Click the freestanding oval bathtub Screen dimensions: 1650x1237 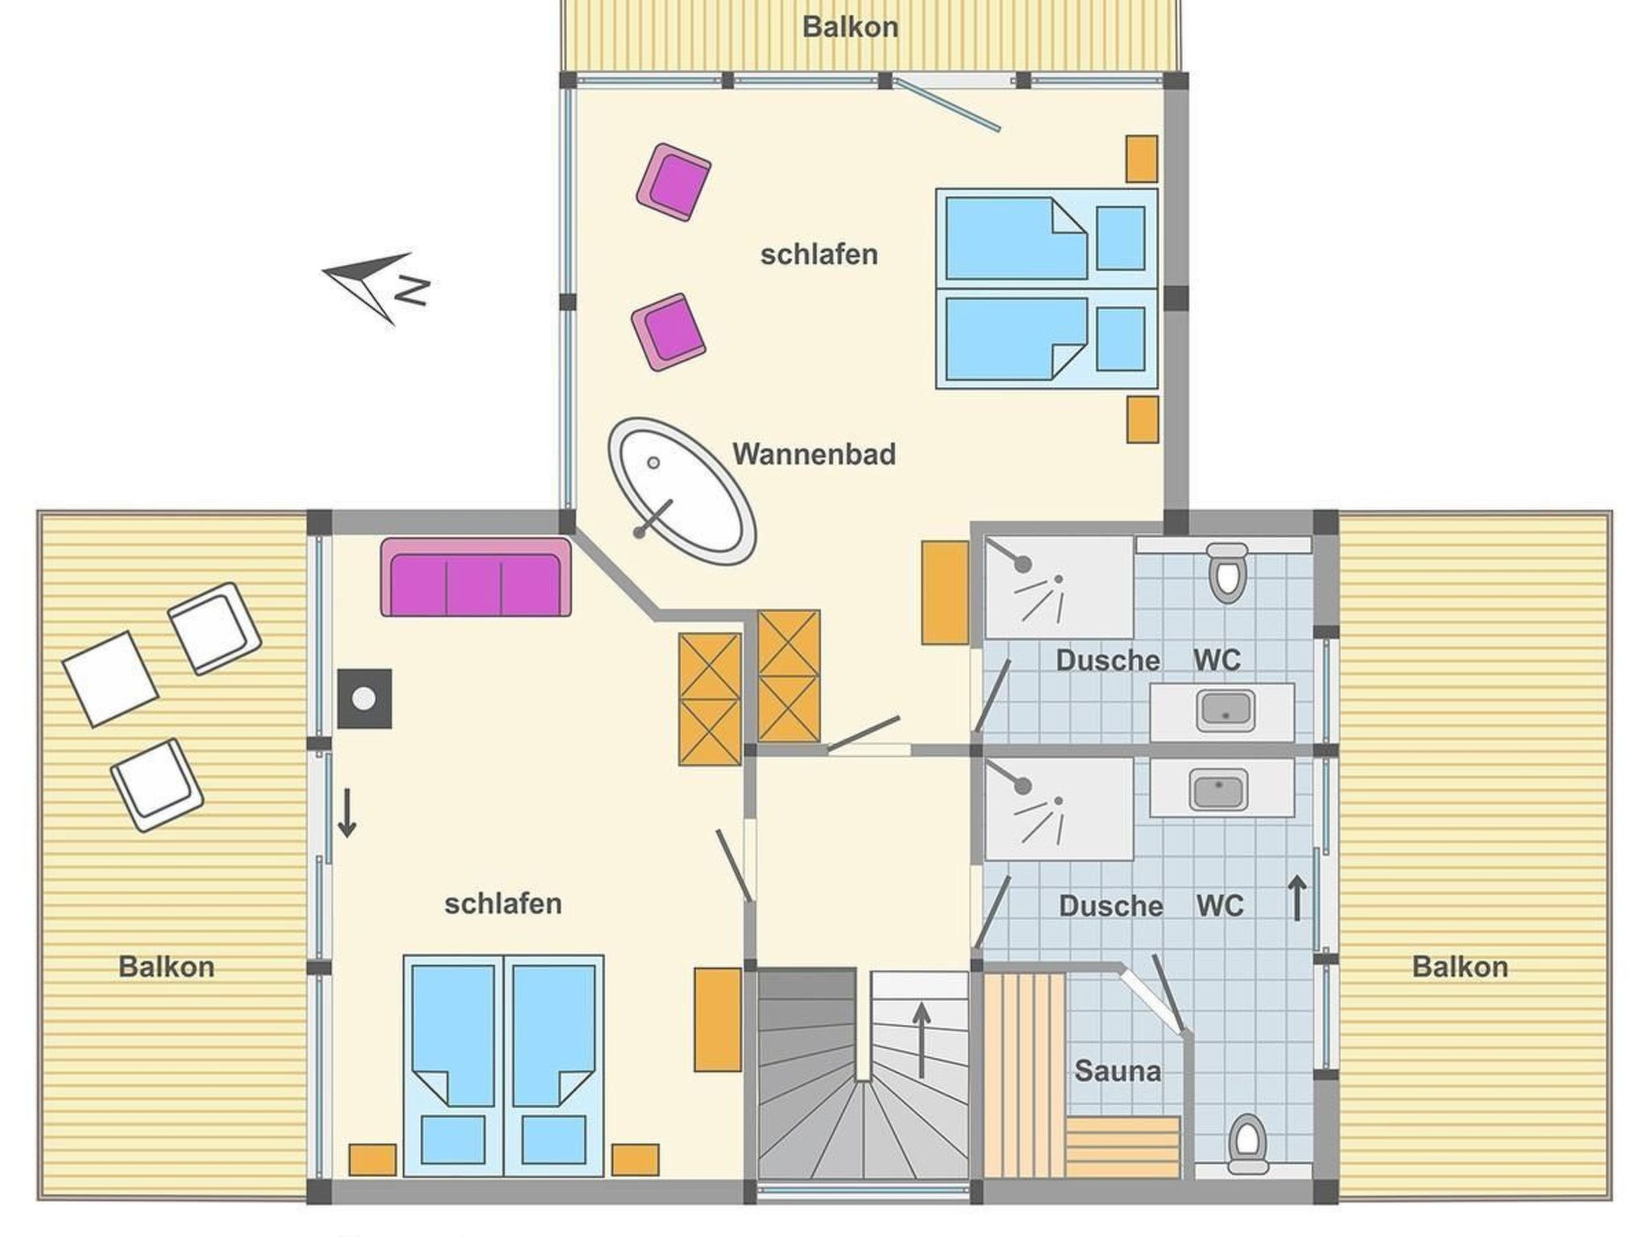pyautogui.click(x=682, y=490)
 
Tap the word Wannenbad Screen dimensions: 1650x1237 pyautogui.click(x=814, y=454)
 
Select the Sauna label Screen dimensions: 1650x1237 pyautogui.click(x=1117, y=1071)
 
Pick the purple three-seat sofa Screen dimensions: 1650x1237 pyautogui.click(x=476, y=577)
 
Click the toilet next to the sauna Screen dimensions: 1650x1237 pyautogui.click(x=1247, y=1144)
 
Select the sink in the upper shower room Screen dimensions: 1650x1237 pyautogui.click(x=1225, y=710)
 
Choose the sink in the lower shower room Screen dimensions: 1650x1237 pyautogui.click(x=1218, y=788)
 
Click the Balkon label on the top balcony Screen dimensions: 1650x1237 pyautogui.click(x=850, y=27)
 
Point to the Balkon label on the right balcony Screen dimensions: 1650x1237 pyautogui.click(x=1460, y=966)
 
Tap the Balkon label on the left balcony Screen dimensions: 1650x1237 pyautogui.click(x=167, y=966)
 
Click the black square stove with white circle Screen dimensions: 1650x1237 pyautogui.click(x=364, y=699)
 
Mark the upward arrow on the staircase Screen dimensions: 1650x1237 pyautogui.click(x=921, y=1040)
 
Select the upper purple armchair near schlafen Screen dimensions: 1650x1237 pyautogui.click(x=674, y=182)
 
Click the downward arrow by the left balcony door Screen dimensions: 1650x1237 pyautogui.click(x=347, y=814)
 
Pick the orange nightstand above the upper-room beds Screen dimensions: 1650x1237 pyautogui.click(x=1142, y=159)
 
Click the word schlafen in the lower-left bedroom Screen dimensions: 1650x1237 pyautogui.click(x=503, y=904)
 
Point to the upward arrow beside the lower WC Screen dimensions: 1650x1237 pyautogui.click(x=1297, y=898)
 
